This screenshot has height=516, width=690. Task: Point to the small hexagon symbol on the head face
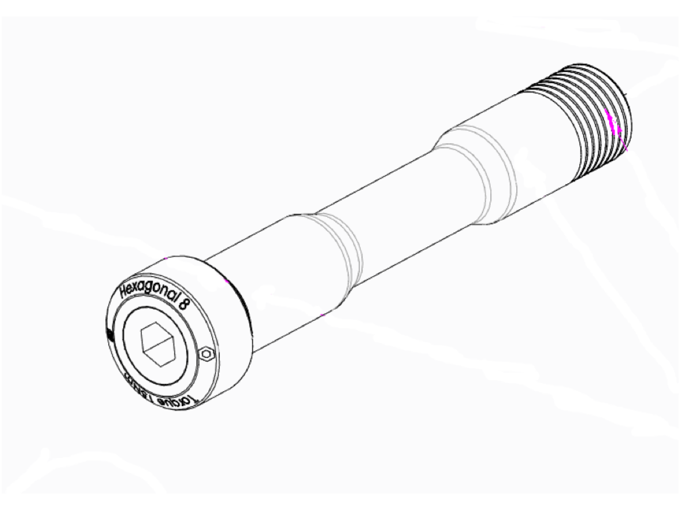coord(206,353)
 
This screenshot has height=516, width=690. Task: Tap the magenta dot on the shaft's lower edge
coord(323,315)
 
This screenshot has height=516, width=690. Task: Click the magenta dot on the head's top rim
coord(164,260)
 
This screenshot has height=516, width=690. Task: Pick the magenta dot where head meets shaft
coord(227,281)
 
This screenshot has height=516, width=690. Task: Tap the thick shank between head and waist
coord(282,270)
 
